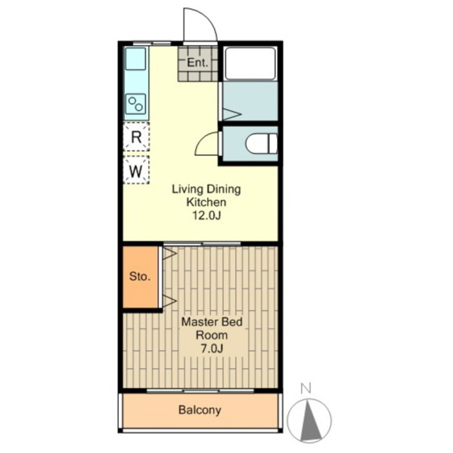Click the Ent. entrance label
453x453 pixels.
(x=198, y=63)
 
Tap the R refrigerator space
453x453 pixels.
(x=136, y=137)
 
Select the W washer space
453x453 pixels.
(x=136, y=171)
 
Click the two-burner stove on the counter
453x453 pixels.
(x=136, y=104)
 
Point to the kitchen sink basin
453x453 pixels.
(x=135, y=59)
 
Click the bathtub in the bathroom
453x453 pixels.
(x=250, y=63)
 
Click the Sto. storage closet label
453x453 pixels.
(x=140, y=276)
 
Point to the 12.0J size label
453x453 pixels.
(x=206, y=215)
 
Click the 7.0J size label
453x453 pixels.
(x=212, y=349)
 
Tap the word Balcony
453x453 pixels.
(x=200, y=410)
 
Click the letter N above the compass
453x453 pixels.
(x=305, y=388)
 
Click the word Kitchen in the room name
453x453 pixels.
(x=206, y=202)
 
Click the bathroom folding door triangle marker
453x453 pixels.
(x=232, y=114)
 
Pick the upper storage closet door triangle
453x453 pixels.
(x=170, y=254)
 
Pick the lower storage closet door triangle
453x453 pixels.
(x=170, y=301)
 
